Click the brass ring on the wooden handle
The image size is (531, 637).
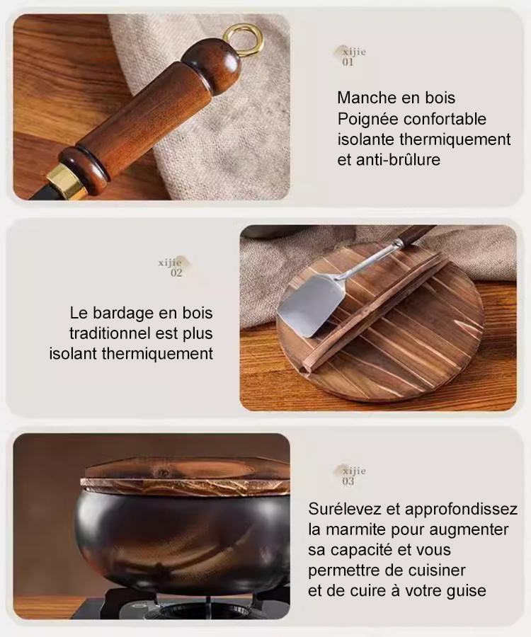[244, 40]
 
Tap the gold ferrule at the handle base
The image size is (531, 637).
[66, 182]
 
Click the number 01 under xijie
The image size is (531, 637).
[348, 62]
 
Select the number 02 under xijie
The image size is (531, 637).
[176, 272]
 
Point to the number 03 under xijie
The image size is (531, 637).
[348, 481]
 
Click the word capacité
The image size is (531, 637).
[368, 550]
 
